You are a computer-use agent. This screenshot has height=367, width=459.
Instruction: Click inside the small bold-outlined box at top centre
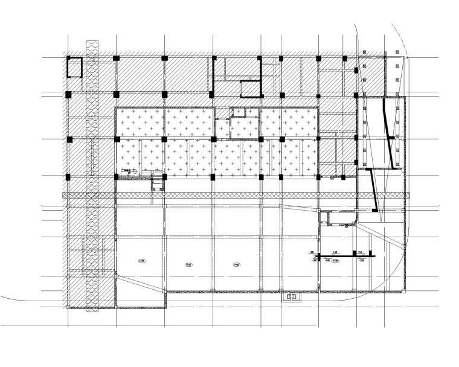tap(251, 89)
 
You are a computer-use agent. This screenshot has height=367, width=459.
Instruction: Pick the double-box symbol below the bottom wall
tap(291, 297)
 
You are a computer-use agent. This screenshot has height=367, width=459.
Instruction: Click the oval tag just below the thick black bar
tap(336, 260)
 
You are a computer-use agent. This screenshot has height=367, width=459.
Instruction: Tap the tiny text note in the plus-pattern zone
tap(129, 172)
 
